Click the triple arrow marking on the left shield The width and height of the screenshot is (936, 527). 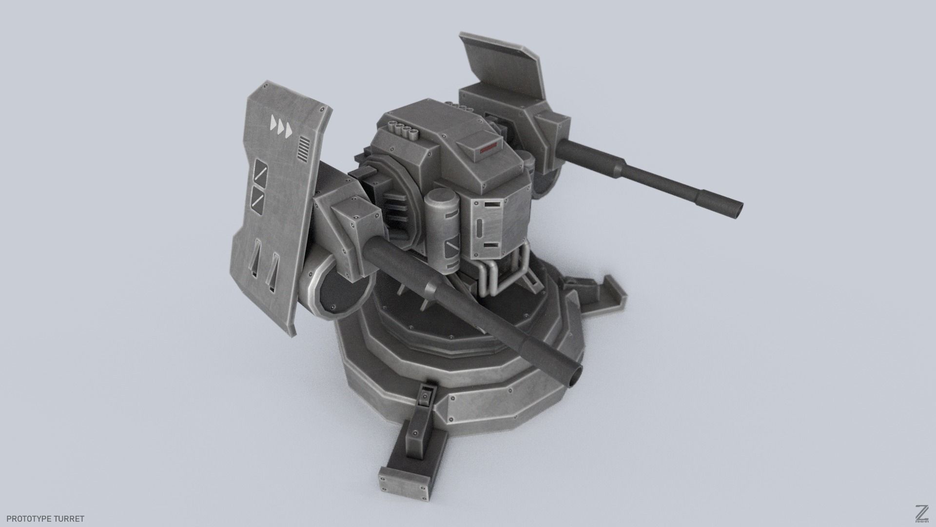pyautogui.click(x=281, y=128)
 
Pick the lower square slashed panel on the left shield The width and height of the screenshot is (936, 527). pyautogui.click(x=258, y=197)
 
